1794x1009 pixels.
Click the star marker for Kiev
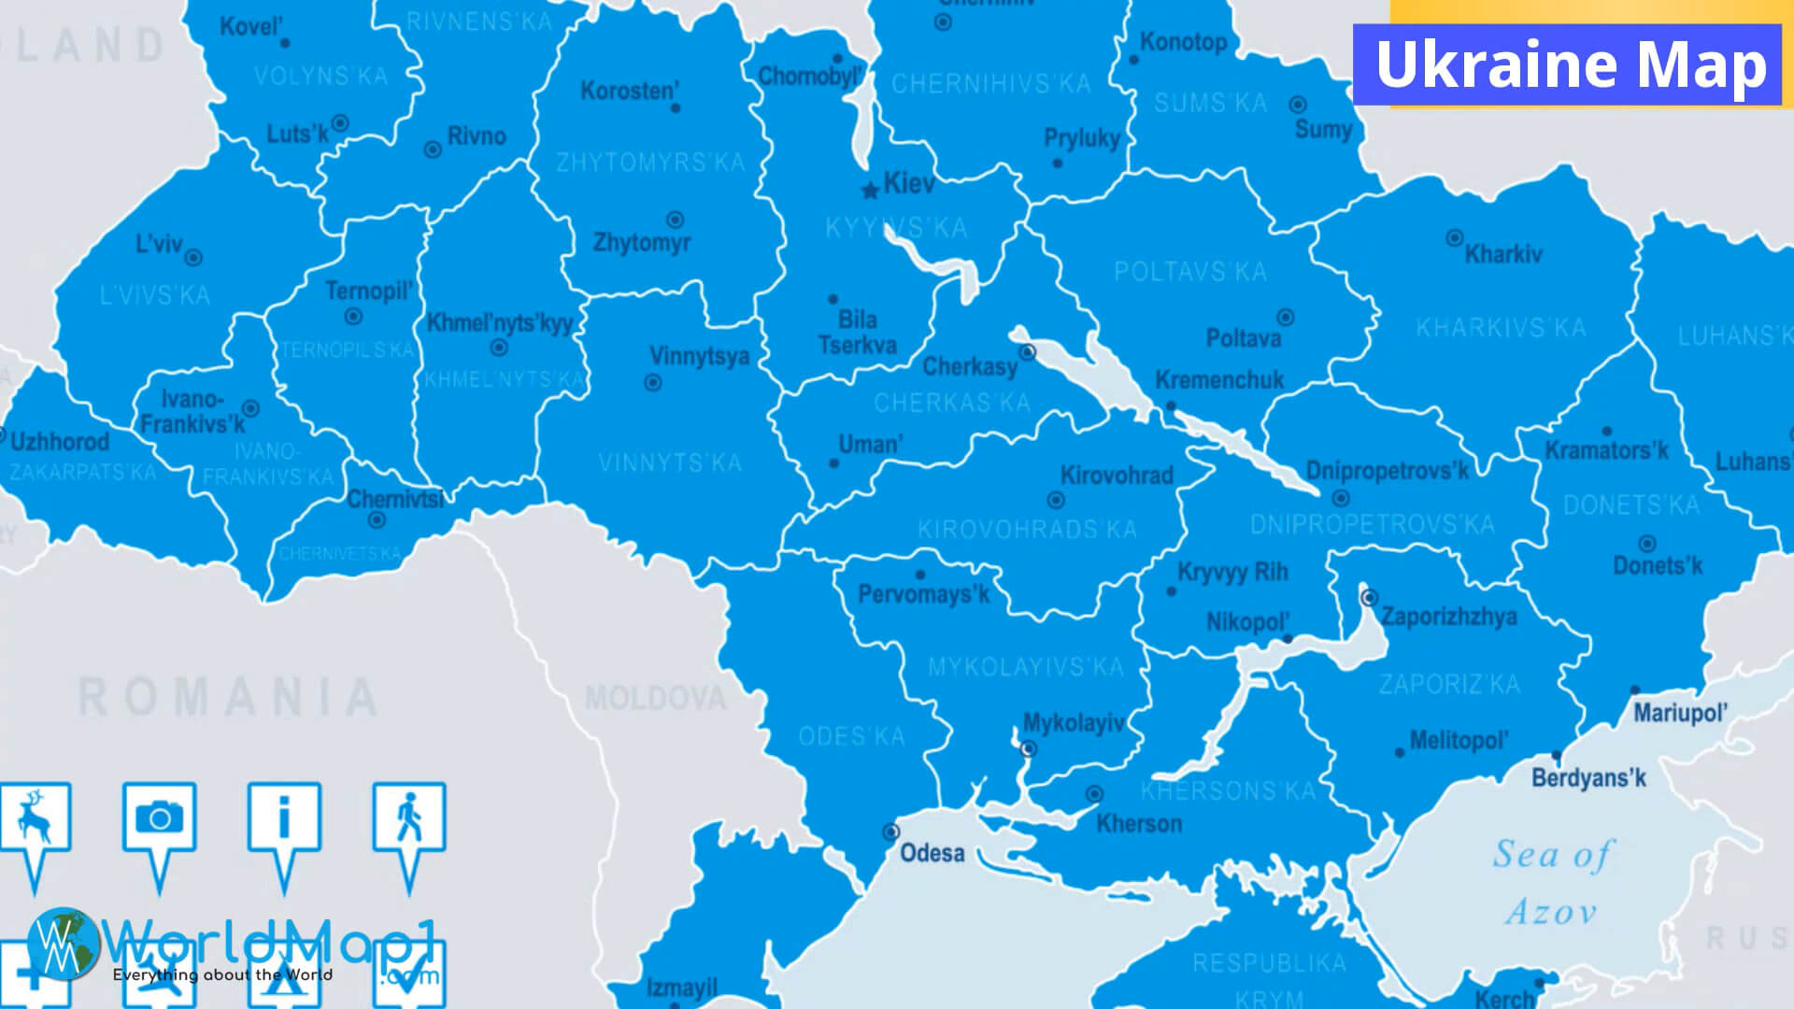click(870, 191)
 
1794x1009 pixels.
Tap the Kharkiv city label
click(1502, 254)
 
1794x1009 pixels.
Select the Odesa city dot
click(891, 831)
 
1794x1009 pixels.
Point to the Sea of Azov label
click(1552, 882)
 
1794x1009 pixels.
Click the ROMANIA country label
click(228, 698)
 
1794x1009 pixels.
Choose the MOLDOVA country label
click(655, 698)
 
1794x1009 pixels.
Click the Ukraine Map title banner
click(1571, 64)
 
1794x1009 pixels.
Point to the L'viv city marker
click(193, 258)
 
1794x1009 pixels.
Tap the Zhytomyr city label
click(642, 243)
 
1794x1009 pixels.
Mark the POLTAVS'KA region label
click(1190, 272)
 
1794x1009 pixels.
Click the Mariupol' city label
click(1680, 714)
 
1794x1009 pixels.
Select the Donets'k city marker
click(1647, 543)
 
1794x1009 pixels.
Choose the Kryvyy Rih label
click(1232, 572)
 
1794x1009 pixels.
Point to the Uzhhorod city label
click(60, 442)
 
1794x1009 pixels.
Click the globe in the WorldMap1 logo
click(63, 944)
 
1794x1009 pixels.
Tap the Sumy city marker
click(1298, 105)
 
